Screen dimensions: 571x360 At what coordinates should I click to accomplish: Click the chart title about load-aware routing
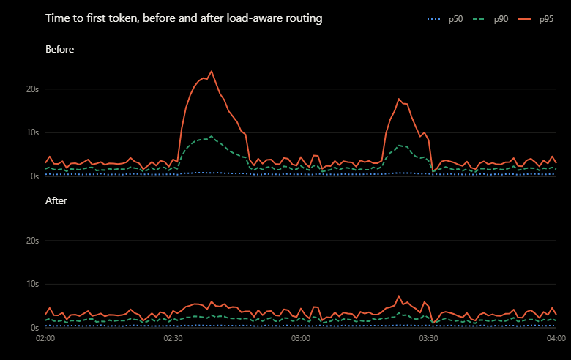pyautogui.click(x=184, y=18)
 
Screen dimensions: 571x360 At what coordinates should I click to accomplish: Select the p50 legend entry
pyautogui.click(x=444, y=19)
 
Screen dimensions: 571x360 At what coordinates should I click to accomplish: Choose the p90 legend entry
pyautogui.click(x=490, y=19)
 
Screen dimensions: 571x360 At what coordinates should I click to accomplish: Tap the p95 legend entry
pyautogui.click(x=536, y=19)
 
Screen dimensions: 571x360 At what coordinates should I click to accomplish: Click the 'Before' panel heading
pyautogui.click(x=60, y=49)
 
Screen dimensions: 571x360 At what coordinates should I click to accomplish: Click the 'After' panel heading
pyautogui.click(x=56, y=200)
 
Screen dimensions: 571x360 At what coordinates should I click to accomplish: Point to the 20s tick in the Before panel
pyautogui.click(x=32, y=89)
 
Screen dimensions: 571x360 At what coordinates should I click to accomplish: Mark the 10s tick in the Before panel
pyautogui.click(x=32, y=132)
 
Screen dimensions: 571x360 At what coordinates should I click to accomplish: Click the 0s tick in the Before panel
pyautogui.click(x=34, y=176)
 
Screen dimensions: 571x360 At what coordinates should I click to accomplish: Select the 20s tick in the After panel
pyautogui.click(x=32, y=241)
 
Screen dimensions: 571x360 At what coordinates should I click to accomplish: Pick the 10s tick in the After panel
pyautogui.click(x=32, y=284)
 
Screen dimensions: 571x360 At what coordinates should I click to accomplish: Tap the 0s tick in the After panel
pyautogui.click(x=34, y=328)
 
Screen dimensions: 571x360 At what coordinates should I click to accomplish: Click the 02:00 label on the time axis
pyautogui.click(x=45, y=338)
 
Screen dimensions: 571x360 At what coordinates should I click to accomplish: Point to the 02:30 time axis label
pyautogui.click(x=173, y=338)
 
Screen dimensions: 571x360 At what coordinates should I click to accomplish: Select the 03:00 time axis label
pyautogui.click(x=301, y=338)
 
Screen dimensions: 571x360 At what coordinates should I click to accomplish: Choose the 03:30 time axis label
pyautogui.click(x=428, y=338)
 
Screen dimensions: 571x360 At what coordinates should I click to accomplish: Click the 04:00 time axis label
pyautogui.click(x=556, y=338)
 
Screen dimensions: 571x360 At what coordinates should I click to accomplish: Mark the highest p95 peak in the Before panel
pyautogui.click(x=212, y=72)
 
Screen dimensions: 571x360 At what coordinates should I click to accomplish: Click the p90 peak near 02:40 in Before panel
pyautogui.click(x=212, y=137)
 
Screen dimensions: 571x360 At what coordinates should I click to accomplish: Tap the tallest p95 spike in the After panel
pyautogui.click(x=399, y=296)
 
